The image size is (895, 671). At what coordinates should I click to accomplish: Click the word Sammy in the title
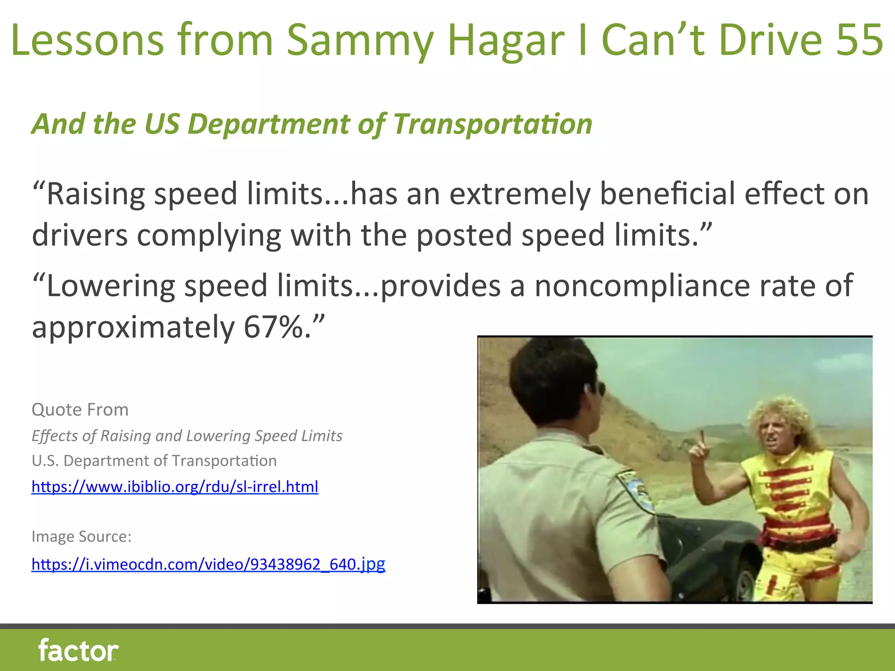tap(360, 40)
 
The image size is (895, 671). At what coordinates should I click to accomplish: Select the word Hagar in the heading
tap(506, 40)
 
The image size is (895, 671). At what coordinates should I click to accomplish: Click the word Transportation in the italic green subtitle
tap(493, 124)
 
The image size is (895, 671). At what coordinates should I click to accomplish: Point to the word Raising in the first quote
tap(96, 194)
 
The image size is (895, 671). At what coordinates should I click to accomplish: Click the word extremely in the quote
tap(520, 194)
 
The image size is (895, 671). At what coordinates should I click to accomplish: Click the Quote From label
tap(80, 410)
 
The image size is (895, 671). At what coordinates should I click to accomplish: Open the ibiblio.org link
tap(175, 487)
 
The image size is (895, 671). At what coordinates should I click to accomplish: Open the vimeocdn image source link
tap(208, 564)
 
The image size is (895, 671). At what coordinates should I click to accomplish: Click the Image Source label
tap(81, 536)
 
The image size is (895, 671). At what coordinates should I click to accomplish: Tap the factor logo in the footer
tap(78, 650)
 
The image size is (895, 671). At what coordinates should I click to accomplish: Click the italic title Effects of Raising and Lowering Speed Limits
tap(187, 436)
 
